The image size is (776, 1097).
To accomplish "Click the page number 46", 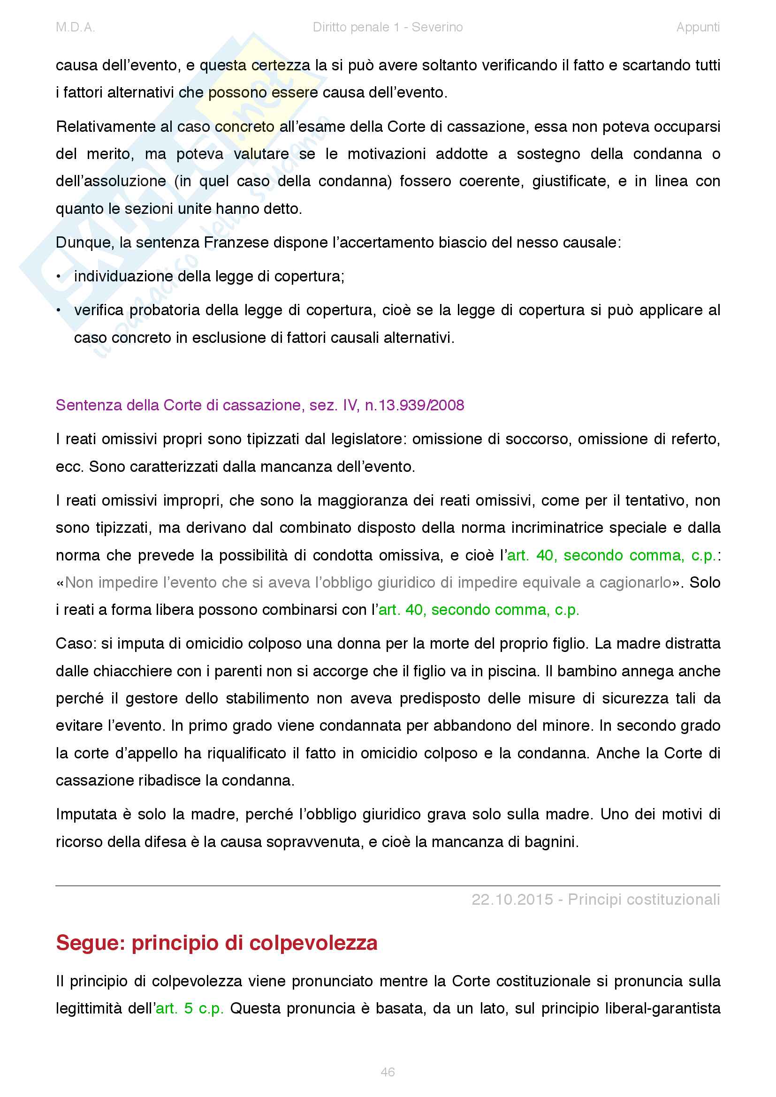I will (x=388, y=1072).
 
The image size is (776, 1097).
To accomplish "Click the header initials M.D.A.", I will (x=76, y=27).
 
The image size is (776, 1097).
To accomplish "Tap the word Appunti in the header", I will (x=698, y=27).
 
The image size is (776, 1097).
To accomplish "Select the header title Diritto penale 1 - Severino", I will (x=388, y=27).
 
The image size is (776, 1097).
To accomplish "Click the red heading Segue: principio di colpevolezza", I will (x=216, y=943).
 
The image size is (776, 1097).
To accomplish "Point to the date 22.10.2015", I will (x=512, y=899).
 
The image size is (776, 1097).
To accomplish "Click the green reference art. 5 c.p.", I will (x=190, y=1008).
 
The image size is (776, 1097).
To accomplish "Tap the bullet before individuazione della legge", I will (x=59, y=277).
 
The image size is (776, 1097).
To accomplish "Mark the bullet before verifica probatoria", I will (x=59, y=310).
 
